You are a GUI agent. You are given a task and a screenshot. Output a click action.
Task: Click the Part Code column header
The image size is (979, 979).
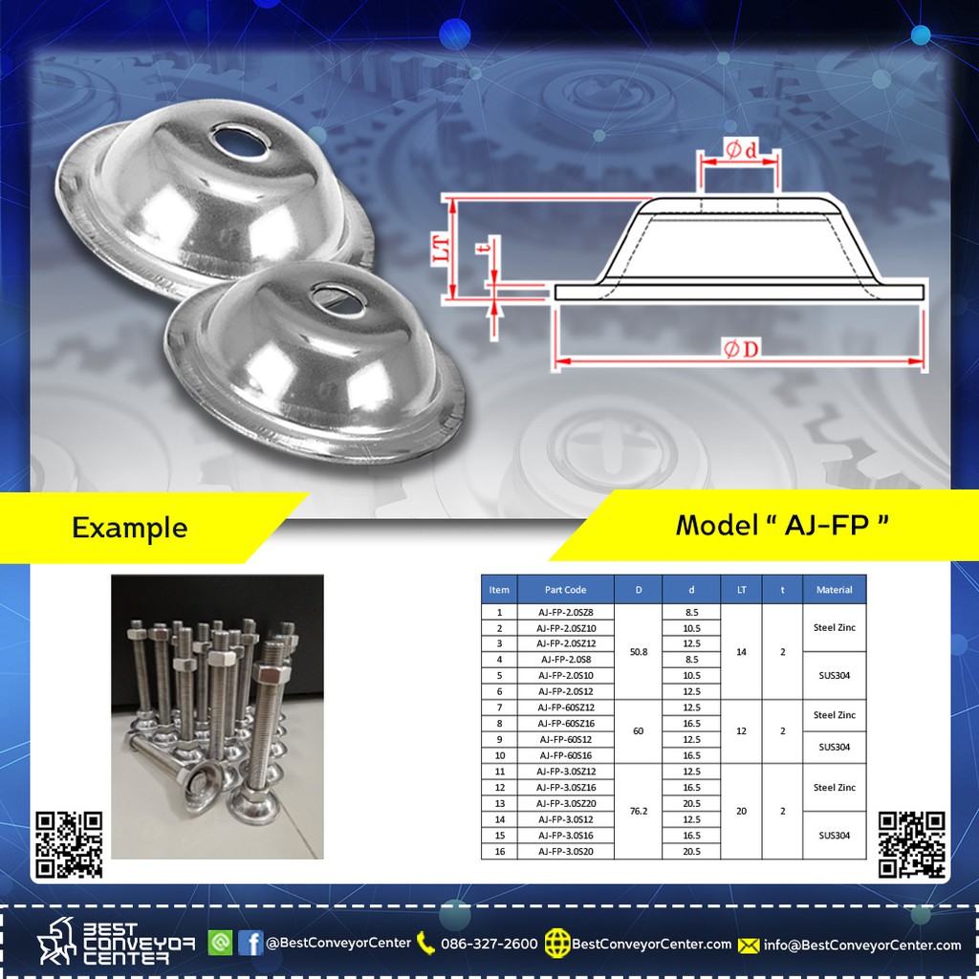pyautogui.click(x=565, y=589)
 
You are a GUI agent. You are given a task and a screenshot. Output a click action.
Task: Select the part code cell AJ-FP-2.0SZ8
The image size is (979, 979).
pyautogui.click(x=565, y=613)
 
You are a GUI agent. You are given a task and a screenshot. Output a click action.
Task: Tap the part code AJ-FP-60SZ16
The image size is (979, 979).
pyautogui.click(x=565, y=724)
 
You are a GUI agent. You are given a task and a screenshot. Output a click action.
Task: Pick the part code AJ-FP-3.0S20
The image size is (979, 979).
pyautogui.click(x=565, y=852)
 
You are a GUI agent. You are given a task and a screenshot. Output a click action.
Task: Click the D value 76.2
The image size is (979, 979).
pyautogui.click(x=638, y=811)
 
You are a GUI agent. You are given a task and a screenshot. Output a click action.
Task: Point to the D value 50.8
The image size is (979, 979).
pyautogui.click(x=638, y=652)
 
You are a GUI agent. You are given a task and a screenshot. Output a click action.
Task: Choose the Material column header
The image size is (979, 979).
pyautogui.click(x=834, y=589)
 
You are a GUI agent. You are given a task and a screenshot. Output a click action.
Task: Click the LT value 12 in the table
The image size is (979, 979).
pyautogui.click(x=741, y=731)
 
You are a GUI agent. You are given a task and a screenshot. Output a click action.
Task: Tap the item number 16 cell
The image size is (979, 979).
pyautogui.click(x=499, y=852)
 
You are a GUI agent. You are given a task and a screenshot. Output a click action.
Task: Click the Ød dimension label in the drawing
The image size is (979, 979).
pyautogui.click(x=741, y=149)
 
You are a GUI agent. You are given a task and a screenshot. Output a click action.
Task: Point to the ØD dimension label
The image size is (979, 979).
pyautogui.click(x=741, y=348)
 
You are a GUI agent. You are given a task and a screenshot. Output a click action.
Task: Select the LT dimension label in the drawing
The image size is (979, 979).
pyautogui.click(x=441, y=248)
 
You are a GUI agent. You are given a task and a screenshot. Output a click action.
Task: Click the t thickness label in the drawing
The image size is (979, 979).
pyautogui.click(x=483, y=248)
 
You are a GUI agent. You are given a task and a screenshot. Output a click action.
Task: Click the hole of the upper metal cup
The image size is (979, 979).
pyautogui.click(x=240, y=141)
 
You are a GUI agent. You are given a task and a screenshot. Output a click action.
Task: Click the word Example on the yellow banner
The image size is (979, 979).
pyautogui.click(x=130, y=528)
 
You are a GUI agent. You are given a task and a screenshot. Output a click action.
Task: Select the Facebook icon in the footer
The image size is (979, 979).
pyautogui.click(x=250, y=943)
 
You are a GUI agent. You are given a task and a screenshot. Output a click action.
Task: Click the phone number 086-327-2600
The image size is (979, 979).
pyautogui.click(x=489, y=944)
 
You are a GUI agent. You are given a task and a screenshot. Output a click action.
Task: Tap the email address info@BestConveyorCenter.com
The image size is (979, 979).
pyautogui.click(x=862, y=946)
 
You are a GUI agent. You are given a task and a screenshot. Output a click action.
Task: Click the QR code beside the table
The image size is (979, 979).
pyautogui.click(x=911, y=845)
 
